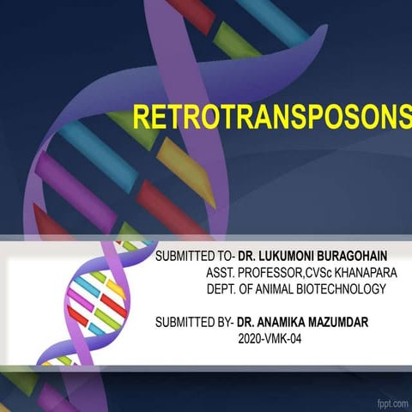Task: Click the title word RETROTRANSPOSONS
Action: (x=271, y=118)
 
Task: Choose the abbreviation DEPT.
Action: (x=222, y=289)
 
